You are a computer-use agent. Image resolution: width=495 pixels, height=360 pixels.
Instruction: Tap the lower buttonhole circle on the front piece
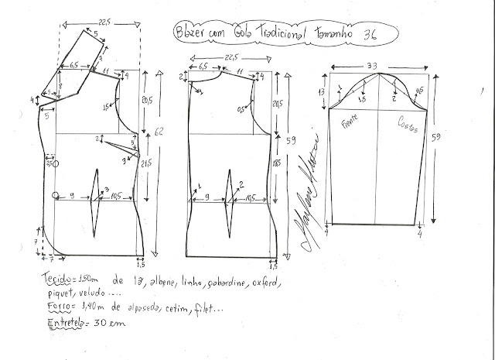point(56,194)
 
